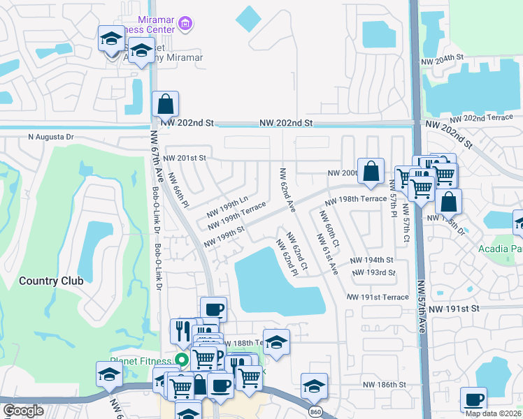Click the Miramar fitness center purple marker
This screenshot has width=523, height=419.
185,25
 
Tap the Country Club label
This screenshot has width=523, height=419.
51,281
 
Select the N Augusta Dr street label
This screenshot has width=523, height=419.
50,137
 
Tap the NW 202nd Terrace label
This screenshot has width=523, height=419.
494,118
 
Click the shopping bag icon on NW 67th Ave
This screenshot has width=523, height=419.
165,105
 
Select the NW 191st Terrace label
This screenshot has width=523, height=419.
378,297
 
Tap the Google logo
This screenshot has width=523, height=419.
23,411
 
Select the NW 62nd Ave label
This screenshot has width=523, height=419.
287,191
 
